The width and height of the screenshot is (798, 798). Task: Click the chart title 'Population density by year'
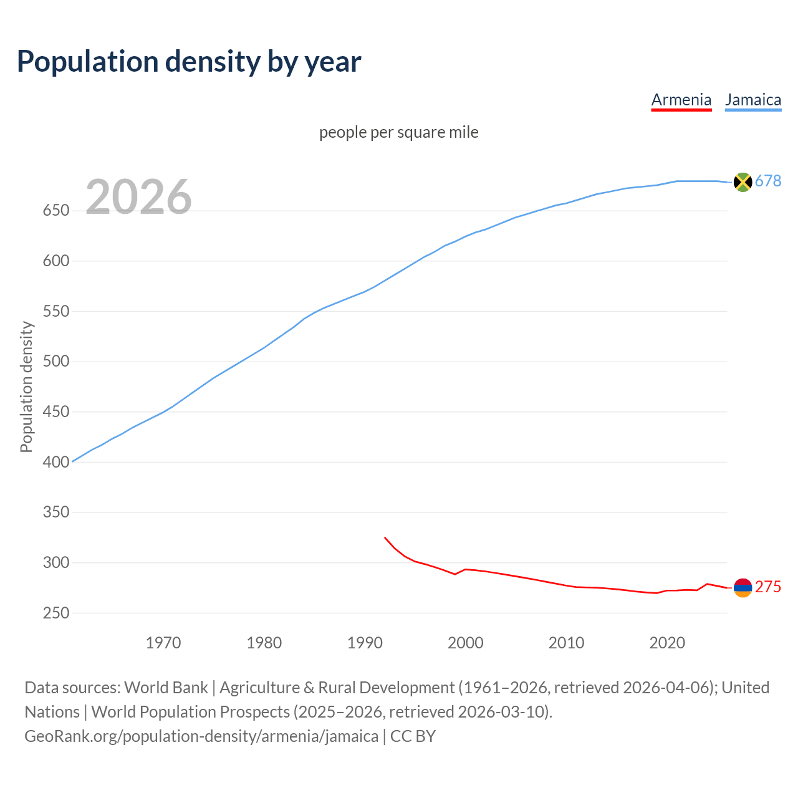pos(189,61)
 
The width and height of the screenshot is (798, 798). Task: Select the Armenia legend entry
pos(681,100)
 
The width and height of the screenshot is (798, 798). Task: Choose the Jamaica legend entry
pos(752,100)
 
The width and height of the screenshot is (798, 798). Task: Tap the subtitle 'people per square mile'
pos(398,132)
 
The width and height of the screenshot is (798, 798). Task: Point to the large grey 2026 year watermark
pos(138,196)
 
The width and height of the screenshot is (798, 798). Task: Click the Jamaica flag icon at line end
pos(743,181)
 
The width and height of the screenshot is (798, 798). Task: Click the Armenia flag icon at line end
pos(743,587)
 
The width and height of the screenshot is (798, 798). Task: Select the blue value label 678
pos(767,181)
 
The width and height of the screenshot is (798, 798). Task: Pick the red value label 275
pos(767,587)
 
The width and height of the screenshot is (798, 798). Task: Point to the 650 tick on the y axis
pos(55,211)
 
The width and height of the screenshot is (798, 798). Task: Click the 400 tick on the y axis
pos(55,462)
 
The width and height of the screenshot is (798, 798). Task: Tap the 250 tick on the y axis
pos(55,613)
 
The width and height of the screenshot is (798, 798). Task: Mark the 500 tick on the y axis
pos(55,362)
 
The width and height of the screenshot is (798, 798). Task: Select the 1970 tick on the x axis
pos(163,642)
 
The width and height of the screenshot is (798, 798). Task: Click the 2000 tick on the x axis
pos(466,642)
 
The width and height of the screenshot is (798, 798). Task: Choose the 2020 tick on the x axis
pos(667,642)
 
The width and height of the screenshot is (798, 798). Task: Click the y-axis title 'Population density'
pos(26,387)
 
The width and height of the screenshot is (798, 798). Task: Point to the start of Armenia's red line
pos(385,537)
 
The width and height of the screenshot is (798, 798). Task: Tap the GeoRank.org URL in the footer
pos(201,736)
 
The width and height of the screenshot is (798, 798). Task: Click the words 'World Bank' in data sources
pos(166,687)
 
